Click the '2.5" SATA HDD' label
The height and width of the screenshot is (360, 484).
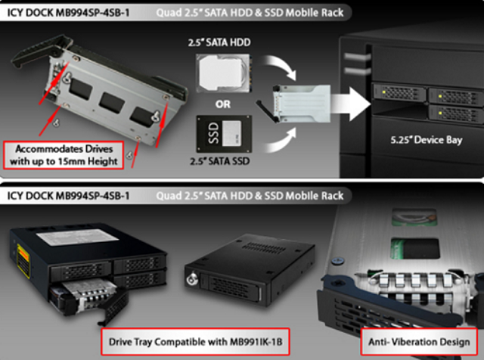click(219, 42)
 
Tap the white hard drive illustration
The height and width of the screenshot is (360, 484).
click(223, 73)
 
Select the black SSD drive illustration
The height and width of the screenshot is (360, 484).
click(224, 134)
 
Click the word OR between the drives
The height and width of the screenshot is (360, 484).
click(223, 104)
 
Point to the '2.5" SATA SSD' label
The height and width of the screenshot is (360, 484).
click(220, 161)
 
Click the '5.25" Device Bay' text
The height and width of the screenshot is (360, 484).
click(427, 140)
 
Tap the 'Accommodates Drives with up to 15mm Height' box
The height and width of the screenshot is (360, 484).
click(64, 155)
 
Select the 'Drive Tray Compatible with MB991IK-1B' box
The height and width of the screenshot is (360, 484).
click(195, 342)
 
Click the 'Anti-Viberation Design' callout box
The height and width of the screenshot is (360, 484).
click(419, 342)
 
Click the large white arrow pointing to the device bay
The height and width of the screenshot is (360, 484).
click(351, 103)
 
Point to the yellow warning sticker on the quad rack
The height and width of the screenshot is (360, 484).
click(23, 260)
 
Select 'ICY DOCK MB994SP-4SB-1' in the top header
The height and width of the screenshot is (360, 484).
click(68, 13)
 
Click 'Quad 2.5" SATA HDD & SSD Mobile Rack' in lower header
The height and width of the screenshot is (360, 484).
click(250, 196)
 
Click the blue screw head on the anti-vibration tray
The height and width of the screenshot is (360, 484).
click(338, 260)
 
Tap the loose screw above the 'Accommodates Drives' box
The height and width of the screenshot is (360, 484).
click(56, 123)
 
